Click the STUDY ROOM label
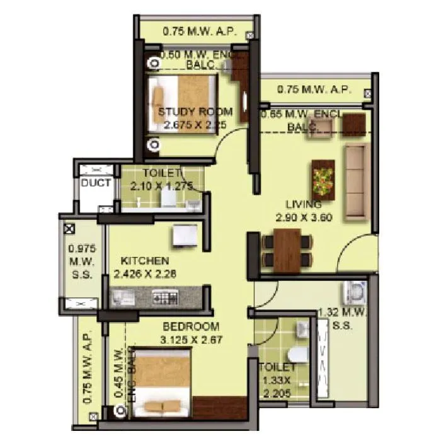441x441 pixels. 195,112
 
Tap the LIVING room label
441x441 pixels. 304,204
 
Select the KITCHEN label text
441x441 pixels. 144,261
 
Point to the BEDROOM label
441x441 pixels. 191,326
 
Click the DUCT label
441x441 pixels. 96,183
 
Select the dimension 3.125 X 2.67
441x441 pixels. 191,340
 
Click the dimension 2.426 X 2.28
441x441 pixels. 145,273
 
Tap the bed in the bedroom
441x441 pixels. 162,382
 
